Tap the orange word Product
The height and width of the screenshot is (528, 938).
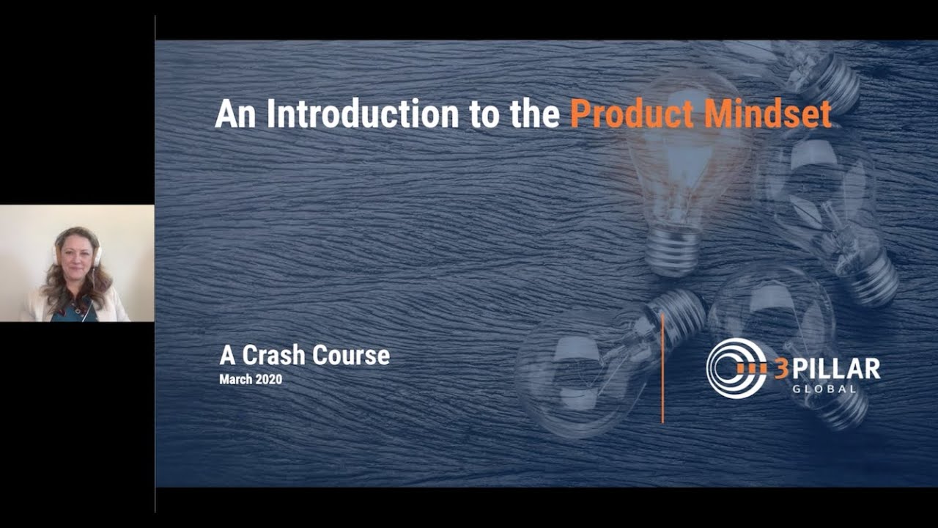(631, 114)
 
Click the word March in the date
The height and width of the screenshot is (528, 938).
(235, 380)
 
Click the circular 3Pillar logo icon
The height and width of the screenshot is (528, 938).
(736, 368)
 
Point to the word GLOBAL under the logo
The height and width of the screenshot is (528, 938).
(824, 389)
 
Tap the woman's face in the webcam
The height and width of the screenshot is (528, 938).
(76, 253)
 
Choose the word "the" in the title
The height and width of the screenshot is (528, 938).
(537, 114)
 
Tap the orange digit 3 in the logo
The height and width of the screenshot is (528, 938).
(782, 368)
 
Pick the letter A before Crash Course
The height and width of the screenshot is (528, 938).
(227, 356)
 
